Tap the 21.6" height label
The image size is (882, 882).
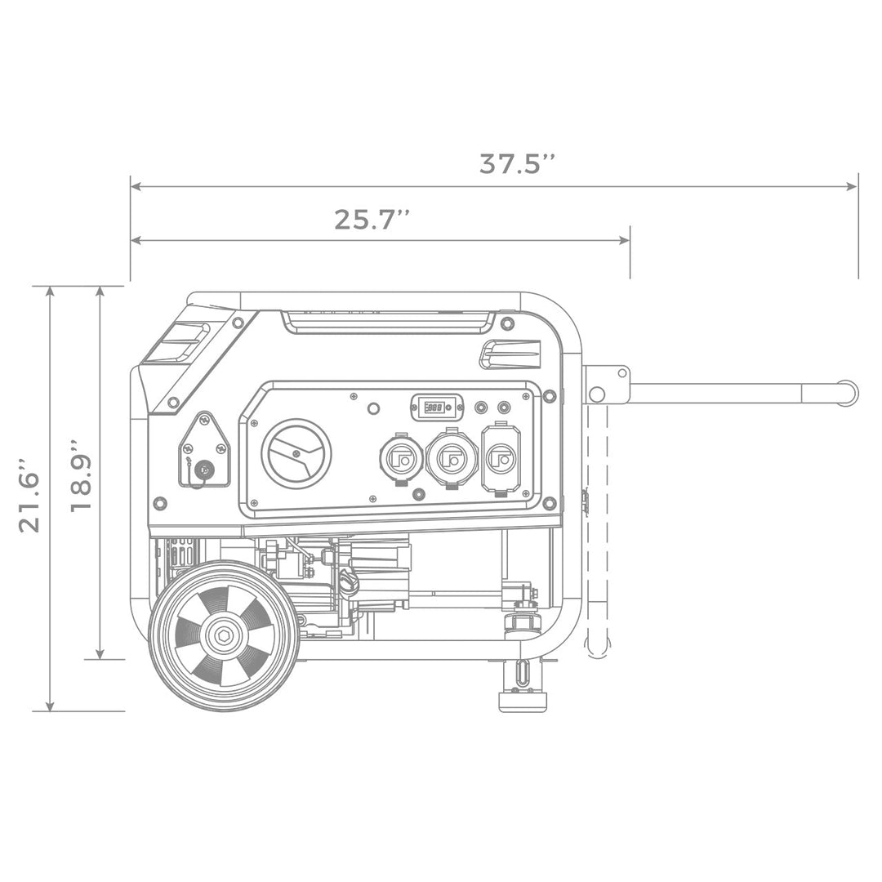coord(30,499)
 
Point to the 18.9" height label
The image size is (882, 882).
coord(80,476)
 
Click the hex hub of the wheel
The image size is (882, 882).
coord(223,635)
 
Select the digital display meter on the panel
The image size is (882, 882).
coord(436,407)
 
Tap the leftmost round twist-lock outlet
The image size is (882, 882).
coord(401,459)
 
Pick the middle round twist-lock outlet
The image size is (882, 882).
coord(452,459)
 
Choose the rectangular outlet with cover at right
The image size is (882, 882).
coord(501,458)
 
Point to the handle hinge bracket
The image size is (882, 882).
coord(606,385)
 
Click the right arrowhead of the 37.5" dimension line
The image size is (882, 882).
coord(853,187)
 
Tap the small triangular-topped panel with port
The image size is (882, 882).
coord(204,451)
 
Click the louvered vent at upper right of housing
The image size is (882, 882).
coord(511,354)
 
